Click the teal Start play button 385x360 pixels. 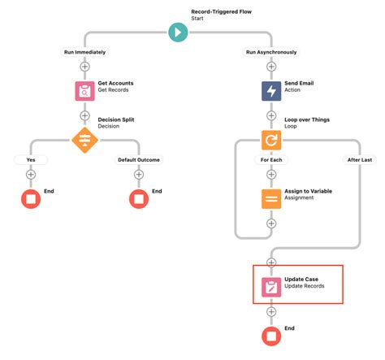pyautogui.click(x=177, y=33)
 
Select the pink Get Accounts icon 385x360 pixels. pyautogui.click(x=85, y=91)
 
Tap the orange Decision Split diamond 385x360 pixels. pyautogui.click(x=85, y=139)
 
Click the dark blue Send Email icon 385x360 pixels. pyautogui.click(x=270, y=91)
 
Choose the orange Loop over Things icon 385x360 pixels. pyautogui.click(x=270, y=139)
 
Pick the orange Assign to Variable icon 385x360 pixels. pyautogui.click(x=270, y=198)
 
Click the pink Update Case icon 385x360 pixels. pyautogui.click(x=270, y=286)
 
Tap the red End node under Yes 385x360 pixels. pyautogui.click(x=31, y=198)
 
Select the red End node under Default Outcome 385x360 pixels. pyautogui.click(x=139, y=198)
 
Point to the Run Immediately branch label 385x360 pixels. pyautogui.click(x=85, y=52)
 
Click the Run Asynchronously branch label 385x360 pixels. pyautogui.click(x=270, y=52)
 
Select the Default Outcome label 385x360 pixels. pyautogui.click(x=139, y=159)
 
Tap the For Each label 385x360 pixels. pyautogui.click(x=270, y=159)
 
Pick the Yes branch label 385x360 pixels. pyautogui.click(x=31, y=159)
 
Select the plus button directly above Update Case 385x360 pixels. pyautogui.click(x=270, y=262)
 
